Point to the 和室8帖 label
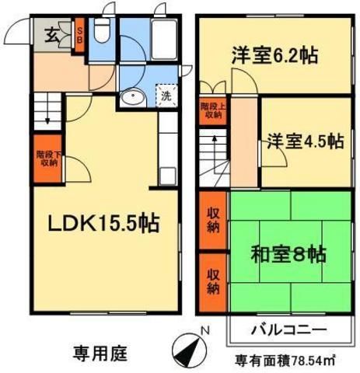(288, 254)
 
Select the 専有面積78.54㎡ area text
(285, 361)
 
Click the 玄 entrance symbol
(50, 34)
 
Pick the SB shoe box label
(80, 37)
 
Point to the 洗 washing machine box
(165, 97)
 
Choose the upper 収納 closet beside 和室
(211, 220)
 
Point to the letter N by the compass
(203, 332)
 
